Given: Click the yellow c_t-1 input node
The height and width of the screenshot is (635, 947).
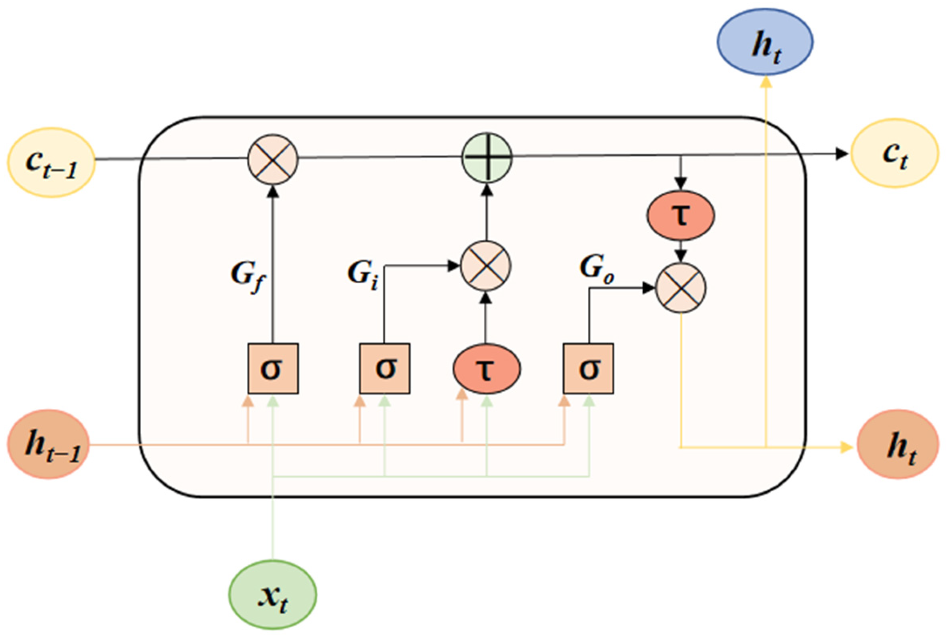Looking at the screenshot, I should [x=51, y=162].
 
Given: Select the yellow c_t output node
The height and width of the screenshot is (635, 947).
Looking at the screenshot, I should [x=894, y=154].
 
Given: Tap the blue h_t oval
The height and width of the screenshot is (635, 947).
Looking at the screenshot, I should [x=765, y=42].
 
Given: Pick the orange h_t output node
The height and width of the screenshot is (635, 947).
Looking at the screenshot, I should [x=898, y=444].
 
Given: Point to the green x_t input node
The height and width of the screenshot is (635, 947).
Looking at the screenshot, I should [x=273, y=595].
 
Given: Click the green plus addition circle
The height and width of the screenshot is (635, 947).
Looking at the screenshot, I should [x=487, y=158].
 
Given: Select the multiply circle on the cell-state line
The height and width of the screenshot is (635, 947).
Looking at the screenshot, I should [x=273, y=159].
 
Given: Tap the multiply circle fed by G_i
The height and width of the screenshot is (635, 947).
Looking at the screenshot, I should [x=486, y=266].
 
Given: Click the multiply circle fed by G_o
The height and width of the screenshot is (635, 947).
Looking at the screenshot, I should [x=681, y=288].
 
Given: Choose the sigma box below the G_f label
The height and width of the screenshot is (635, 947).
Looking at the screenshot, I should [x=273, y=368].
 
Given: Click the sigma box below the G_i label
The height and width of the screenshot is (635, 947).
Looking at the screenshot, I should [x=385, y=368].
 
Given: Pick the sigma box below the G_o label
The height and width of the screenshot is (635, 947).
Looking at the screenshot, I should [x=588, y=368].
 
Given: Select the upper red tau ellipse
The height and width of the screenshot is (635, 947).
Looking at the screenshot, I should [x=681, y=215].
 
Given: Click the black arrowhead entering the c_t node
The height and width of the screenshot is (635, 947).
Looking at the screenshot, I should [x=841, y=154].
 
